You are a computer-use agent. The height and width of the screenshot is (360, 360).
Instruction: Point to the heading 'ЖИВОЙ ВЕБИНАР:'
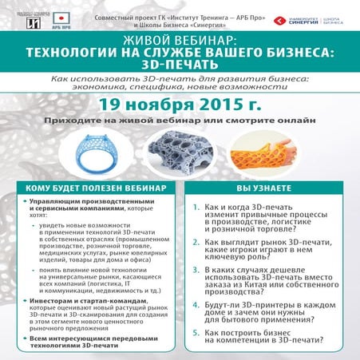click(180, 38)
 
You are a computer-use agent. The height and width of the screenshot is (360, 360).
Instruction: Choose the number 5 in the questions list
click(196, 331)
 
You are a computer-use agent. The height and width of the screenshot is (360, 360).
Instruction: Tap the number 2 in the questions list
click(196, 239)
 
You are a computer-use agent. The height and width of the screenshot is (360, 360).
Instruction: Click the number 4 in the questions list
click(196, 302)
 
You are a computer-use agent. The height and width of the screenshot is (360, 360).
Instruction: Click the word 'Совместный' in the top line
click(116, 15)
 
